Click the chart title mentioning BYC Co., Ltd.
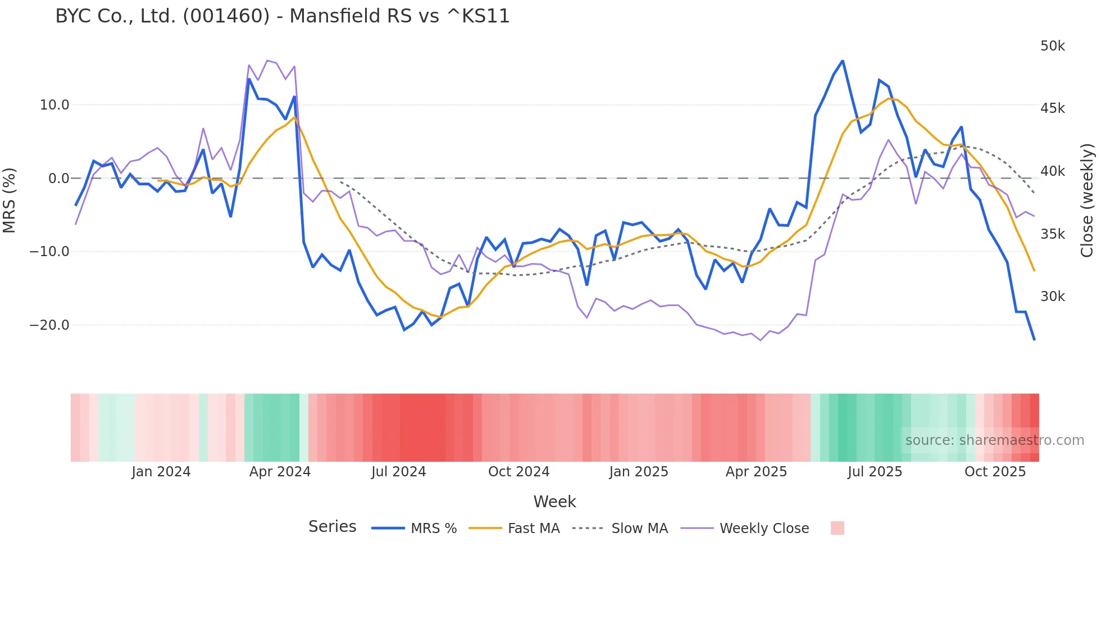pyautogui.click(x=283, y=16)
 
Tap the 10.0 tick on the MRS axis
pyautogui.click(x=54, y=105)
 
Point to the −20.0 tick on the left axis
pyautogui.click(x=49, y=325)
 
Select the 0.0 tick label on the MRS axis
pyautogui.click(x=59, y=179)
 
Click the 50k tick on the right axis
pyautogui.click(x=1052, y=46)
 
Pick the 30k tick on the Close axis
pyautogui.click(x=1052, y=297)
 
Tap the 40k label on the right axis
pyautogui.click(x=1052, y=171)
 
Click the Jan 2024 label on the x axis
pyautogui.click(x=161, y=472)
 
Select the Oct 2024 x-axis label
pyautogui.click(x=518, y=472)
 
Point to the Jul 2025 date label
pyautogui.click(x=875, y=472)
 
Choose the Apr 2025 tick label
pyautogui.click(x=756, y=472)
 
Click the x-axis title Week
pyautogui.click(x=554, y=502)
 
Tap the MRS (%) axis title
pyautogui.click(x=9, y=201)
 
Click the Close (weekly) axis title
pyautogui.click(x=1088, y=201)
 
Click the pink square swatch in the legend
pyautogui.click(x=837, y=528)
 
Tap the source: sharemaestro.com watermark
pyautogui.click(x=994, y=440)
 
